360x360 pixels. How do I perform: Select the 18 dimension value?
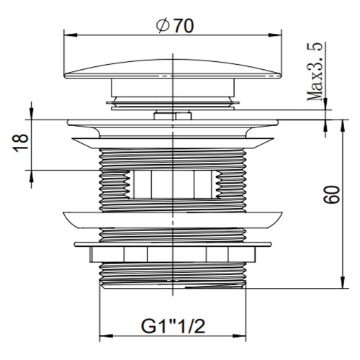[21, 141]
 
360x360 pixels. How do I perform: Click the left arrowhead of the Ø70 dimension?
[68, 33]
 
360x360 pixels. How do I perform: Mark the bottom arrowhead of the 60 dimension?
[339, 285]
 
